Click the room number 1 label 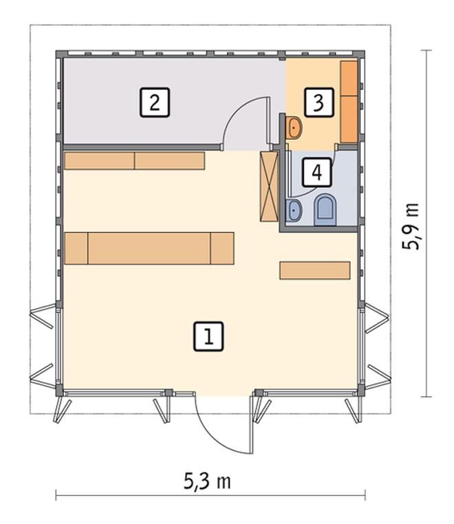tap(208, 336)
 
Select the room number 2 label tap(155, 102)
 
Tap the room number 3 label tap(318, 102)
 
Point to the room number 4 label tap(317, 172)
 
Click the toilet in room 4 tap(325, 210)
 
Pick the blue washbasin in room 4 tap(294, 210)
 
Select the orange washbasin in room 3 tap(294, 127)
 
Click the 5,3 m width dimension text tap(207, 481)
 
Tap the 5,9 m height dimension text tap(410, 226)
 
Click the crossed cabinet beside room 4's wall tap(269, 186)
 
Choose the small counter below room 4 tap(315, 270)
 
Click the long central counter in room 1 tap(149, 248)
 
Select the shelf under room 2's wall tap(134, 161)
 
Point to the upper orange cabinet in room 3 tap(349, 78)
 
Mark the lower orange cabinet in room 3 tap(349, 119)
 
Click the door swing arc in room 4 tap(321, 187)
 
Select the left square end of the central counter tap(76, 248)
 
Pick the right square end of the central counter tap(222, 248)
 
